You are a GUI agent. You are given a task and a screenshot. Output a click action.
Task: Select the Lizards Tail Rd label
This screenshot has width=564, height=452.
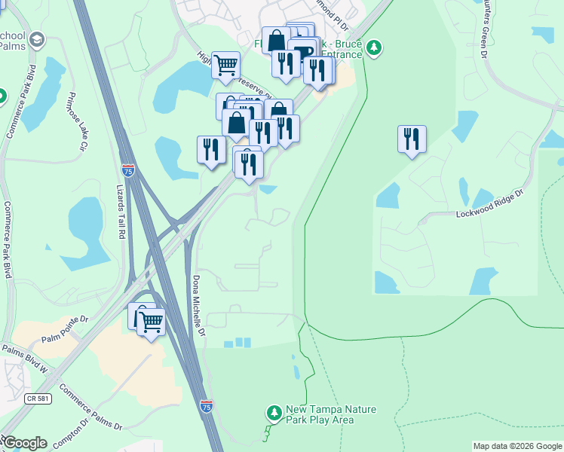click(x=121, y=212)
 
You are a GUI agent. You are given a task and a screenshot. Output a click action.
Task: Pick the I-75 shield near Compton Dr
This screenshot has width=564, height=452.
click(x=207, y=406)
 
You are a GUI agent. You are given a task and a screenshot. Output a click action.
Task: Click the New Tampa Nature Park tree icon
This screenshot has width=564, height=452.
click(x=273, y=413)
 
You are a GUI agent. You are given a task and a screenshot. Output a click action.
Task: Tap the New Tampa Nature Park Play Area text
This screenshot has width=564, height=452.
click(x=331, y=414)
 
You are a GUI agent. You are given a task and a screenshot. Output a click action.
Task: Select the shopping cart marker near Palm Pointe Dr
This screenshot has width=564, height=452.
click(x=152, y=322)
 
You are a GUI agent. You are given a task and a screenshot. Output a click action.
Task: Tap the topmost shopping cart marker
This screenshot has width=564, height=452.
click(x=225, y=66)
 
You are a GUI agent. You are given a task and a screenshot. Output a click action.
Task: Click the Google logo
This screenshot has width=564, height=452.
click(x=24, y=443)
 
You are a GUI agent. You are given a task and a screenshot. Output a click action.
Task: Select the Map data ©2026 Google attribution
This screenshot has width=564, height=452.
click(x=517, y=446)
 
